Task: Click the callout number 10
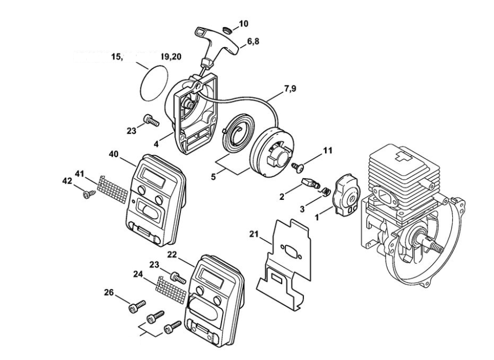[x=244, y=24]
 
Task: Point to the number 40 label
[x=114, y=154]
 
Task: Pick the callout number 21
[x=255, y=234]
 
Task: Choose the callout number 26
[x=109, y=293]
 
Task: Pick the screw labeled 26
[x=136, y=307]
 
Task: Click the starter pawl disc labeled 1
[x=346, y=193]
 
